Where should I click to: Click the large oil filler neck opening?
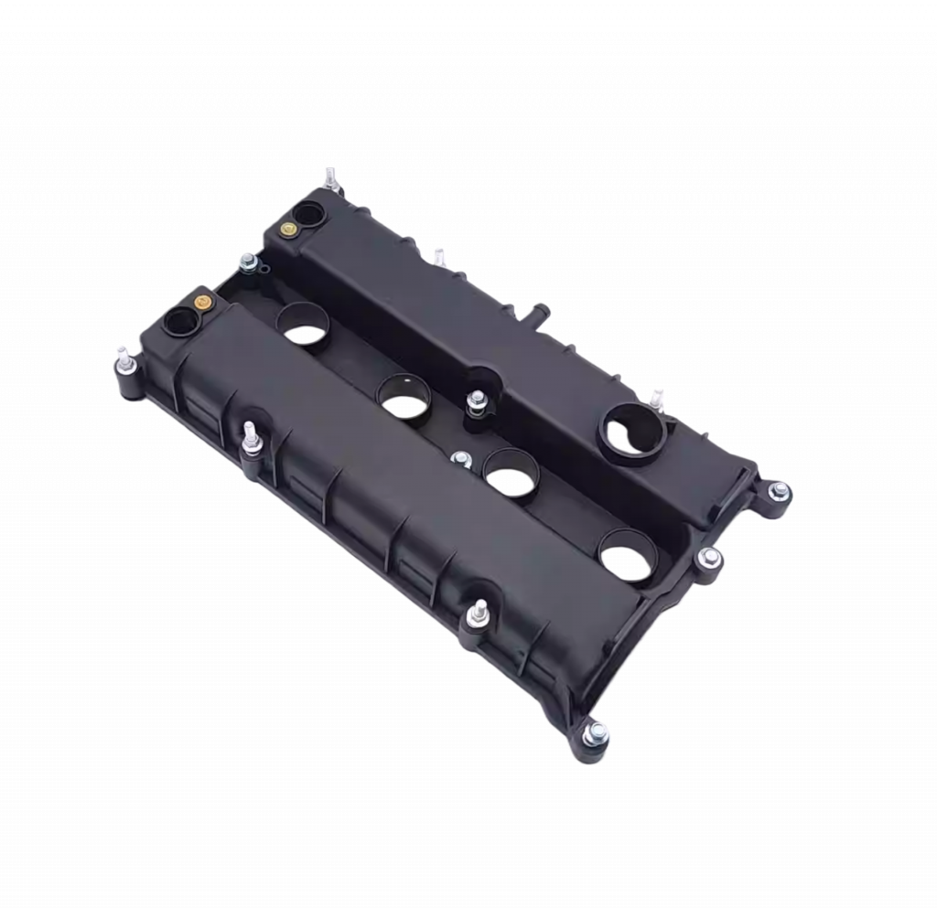630,426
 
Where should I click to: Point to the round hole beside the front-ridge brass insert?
179,323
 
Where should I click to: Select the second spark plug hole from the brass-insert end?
404,396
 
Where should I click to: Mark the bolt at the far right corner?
781,495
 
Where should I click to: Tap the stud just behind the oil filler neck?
656,395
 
